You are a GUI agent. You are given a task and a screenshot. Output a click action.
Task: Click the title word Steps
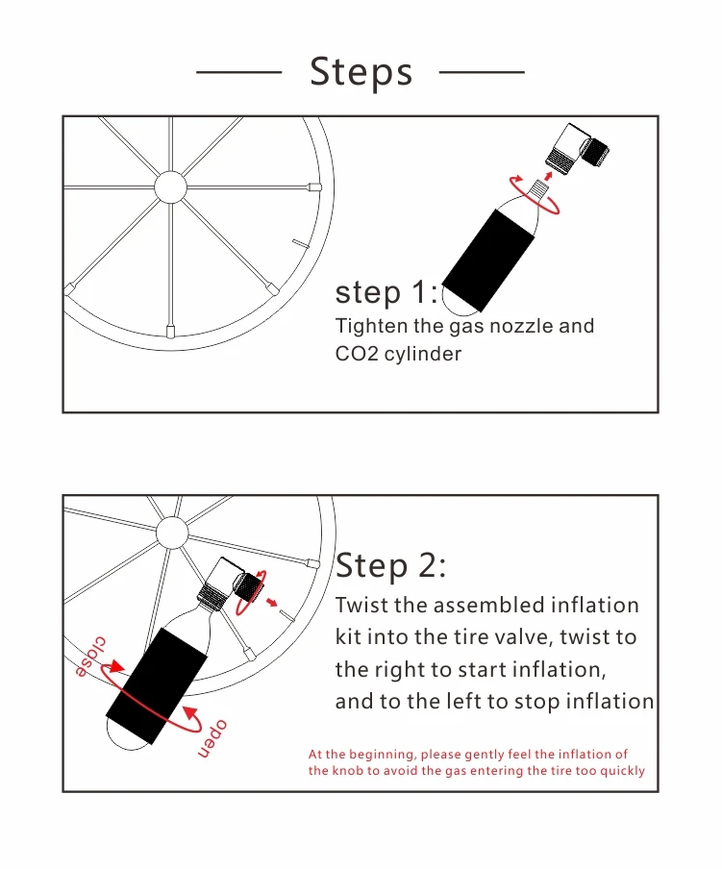pos(361,72)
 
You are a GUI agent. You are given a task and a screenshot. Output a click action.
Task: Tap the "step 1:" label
pos(386,292)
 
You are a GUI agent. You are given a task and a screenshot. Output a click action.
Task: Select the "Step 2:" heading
pos(390,566)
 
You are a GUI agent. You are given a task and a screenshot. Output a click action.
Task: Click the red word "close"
pos(90,657)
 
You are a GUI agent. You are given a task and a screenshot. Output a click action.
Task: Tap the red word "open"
pos(212,739)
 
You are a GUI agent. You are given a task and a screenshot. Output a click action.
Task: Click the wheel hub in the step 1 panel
pos(170,186)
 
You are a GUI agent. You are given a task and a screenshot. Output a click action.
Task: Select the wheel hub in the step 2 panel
pos(172,533)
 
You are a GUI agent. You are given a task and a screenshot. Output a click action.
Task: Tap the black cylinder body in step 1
pos(488,260)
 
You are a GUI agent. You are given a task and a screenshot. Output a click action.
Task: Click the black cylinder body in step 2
pos(157,685)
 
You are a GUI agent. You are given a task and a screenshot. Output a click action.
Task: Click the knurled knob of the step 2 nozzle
pos(249,585)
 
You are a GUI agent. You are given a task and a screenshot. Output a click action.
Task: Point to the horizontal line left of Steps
pos(238,72)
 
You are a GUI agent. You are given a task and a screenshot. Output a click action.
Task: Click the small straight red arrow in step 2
pos(271,603)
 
